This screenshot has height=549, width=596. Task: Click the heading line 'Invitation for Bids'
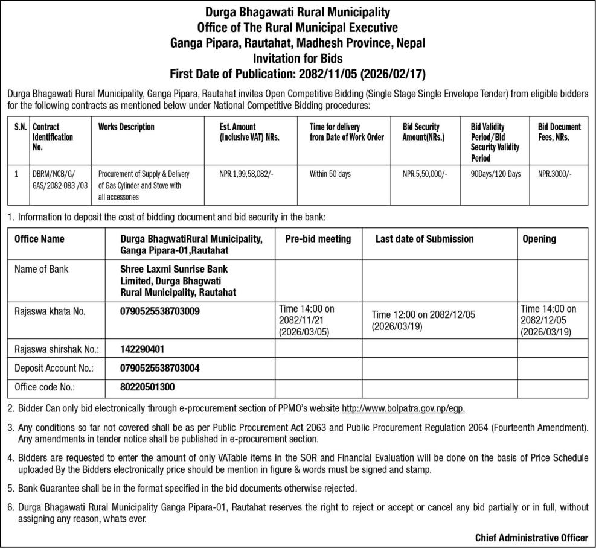click(x=298, y=59)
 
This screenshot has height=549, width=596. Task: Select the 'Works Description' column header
click(x=126, y=127)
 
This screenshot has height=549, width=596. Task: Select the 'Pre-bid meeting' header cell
click(x=318, y=239)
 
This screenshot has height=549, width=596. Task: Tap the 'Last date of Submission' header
click(x=425, y=239)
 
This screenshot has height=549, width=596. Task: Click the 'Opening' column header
click(x=539, y=239)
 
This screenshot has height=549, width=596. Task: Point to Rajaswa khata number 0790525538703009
click(x=160, y=311)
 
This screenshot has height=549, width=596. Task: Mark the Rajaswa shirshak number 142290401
click(x=143, y=349)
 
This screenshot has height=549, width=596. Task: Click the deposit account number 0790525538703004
click(x=160, y=367)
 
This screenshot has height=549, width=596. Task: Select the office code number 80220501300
click(x=148, y=387)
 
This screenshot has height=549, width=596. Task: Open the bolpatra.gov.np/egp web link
click(x=403, y=408)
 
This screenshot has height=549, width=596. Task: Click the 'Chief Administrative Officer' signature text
click(x=531, y=537)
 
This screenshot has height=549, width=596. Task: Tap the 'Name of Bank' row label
click(x=41, y=269)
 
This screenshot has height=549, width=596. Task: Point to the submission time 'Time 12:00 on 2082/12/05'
click(x=423, y=314)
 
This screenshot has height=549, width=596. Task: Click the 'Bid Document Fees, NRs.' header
click(x=559, y=132)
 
